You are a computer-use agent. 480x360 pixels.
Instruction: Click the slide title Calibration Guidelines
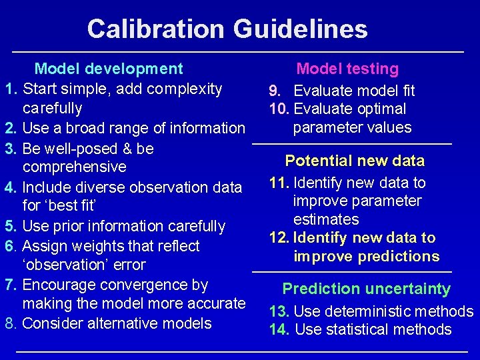(x=227, y=29)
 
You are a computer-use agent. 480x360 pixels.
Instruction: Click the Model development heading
(x=109, y=69)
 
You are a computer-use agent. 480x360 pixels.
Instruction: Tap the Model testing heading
(x=347, y=69)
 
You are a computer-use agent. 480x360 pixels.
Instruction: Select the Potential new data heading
(x=355, y=161)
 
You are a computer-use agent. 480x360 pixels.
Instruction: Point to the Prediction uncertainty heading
(x=366, y=289)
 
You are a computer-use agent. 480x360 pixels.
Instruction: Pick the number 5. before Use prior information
(x=11, y=227)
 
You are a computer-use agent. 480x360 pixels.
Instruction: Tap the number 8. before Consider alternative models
(x=11, y=323)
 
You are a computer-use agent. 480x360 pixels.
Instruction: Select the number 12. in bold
(x=279, y=238)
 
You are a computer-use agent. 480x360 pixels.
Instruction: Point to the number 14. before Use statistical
(x=279, y=329)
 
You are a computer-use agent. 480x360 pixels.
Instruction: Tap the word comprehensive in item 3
(x=74, y=167)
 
